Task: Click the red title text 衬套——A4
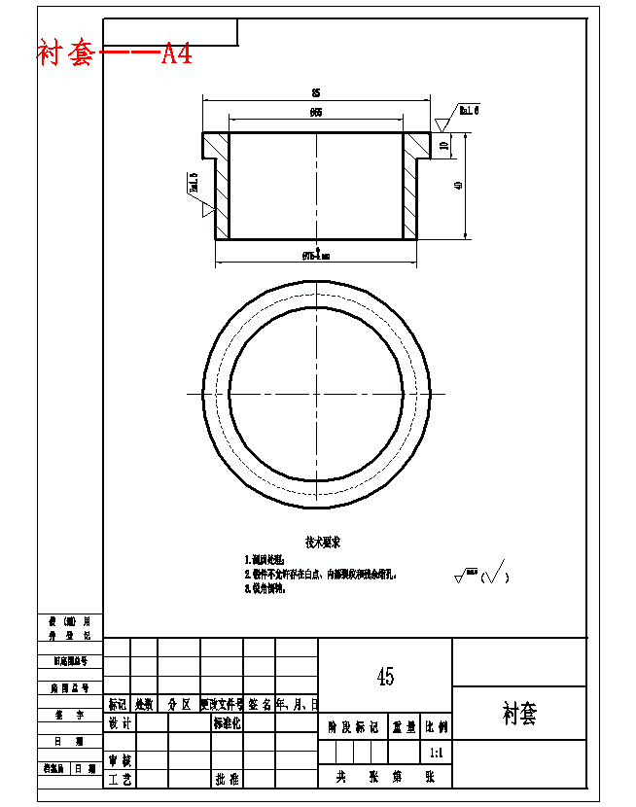[x=115, y=53]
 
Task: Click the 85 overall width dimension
[x=315, y=92]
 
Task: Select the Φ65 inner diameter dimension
[x=316, y=113]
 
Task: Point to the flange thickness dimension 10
[x=444, y=146]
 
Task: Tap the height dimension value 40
[x=459, y=185]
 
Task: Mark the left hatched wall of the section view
[x=222, y=186]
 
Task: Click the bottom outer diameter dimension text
[x=316, y=256]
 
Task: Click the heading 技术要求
[x=323, y=542]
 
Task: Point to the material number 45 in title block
[x=385, y=677]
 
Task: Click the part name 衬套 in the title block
[x=519, y=715]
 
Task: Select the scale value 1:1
[x=436, y=753]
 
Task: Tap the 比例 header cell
[x=436, y=726]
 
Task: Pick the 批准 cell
[x=227, y=779]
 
